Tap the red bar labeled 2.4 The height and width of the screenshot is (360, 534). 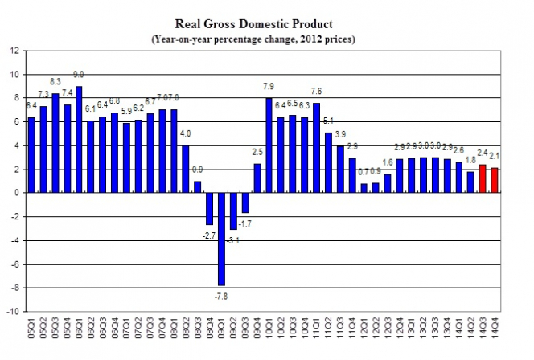483,178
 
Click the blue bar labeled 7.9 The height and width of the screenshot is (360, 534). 269,145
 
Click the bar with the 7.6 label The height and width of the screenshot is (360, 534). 317,148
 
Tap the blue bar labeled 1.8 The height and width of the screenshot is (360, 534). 470,182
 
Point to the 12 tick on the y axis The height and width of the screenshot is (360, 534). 14,51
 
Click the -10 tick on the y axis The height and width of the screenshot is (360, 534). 12,311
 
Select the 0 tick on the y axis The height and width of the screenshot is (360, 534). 15,193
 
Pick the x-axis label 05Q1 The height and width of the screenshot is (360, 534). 31,331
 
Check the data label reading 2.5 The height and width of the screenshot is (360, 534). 257,152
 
